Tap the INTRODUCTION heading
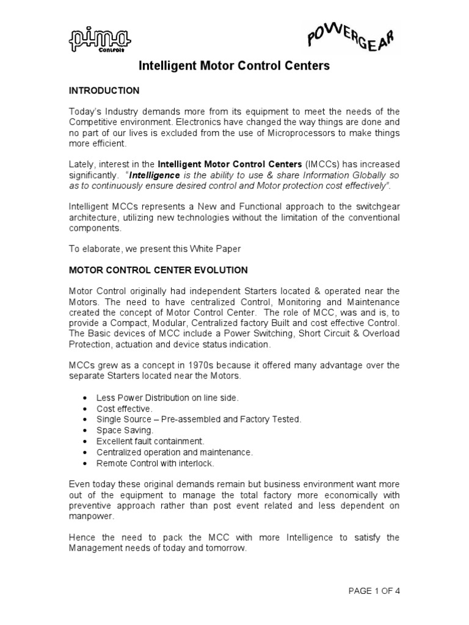point(104,91)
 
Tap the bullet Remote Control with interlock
point(155,463)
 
